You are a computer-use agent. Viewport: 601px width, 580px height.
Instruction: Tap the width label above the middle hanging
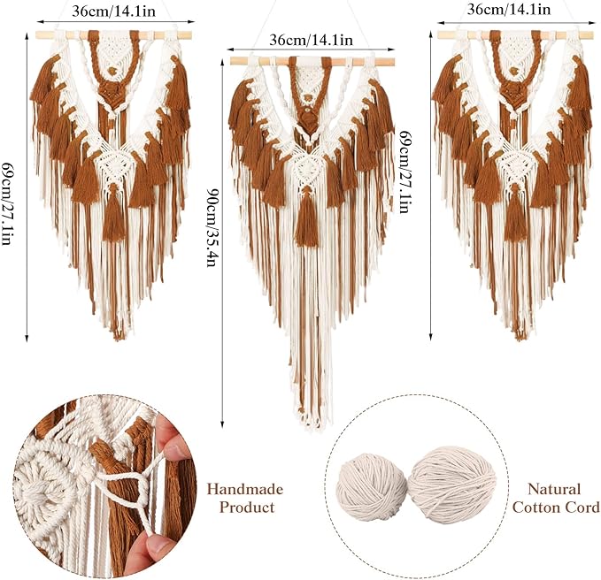312,40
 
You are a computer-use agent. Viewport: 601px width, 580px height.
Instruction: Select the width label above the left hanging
114,11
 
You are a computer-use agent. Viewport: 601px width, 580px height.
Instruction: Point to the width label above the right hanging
508,9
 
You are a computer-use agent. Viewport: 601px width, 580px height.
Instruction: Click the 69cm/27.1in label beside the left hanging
6,203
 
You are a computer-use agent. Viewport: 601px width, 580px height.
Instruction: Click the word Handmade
245,489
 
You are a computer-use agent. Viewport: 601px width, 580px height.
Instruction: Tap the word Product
247,507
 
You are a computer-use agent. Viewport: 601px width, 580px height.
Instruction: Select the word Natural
554,489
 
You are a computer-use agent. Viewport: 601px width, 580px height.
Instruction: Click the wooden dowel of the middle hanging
312,61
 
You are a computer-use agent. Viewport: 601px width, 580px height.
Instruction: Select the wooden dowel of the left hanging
113,35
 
